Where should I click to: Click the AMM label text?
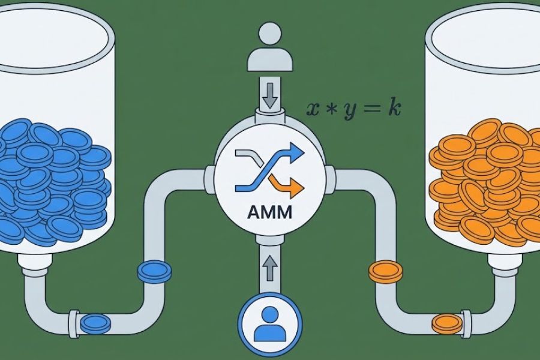[x=269, y=212]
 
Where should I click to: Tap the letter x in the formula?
[x=313, y=109]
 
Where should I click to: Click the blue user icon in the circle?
[x=269, y=324]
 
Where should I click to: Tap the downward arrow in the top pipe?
[x=269, y=95]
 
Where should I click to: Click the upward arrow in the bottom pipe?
[x=269, y=268]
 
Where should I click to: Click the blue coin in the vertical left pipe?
[x=154, y=271]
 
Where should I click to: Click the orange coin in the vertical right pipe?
[x=386, y=271]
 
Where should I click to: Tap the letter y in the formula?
[x=349, y=111]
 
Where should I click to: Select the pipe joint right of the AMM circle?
[x=330, y=178]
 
